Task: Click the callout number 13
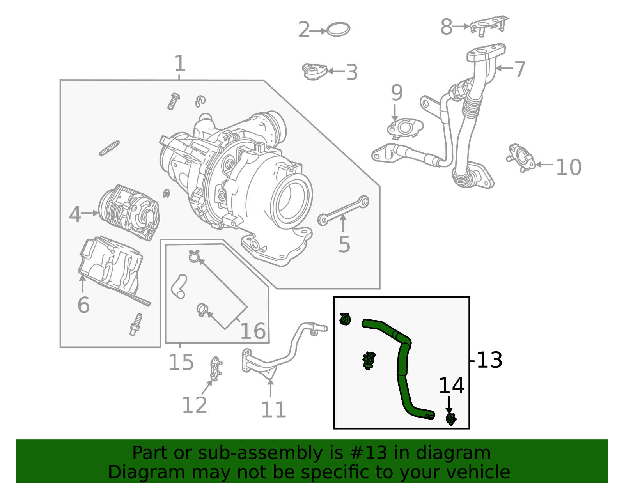489,360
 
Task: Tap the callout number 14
451,386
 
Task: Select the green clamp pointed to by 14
451,419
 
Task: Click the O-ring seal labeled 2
338,29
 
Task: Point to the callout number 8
446,27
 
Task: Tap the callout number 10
568,167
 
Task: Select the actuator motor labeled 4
129,213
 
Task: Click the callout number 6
83,305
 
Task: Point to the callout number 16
253,331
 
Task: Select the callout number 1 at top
179,64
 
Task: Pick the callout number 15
181,363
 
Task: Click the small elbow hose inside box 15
179,286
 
